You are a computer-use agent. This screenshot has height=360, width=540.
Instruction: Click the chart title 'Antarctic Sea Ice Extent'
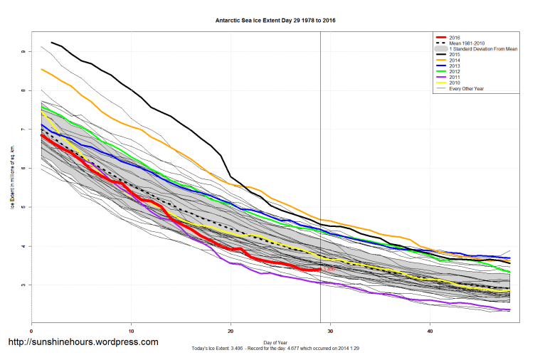(x=275, y=21)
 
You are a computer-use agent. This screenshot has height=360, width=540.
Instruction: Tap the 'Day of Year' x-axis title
(x=275, y=342)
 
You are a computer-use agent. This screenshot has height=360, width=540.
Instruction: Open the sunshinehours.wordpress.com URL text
(x=83, y=342)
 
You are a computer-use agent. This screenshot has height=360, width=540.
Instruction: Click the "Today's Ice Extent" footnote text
(x=275, y=348)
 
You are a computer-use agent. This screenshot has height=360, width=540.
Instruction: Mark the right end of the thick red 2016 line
(x=320, y=270)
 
